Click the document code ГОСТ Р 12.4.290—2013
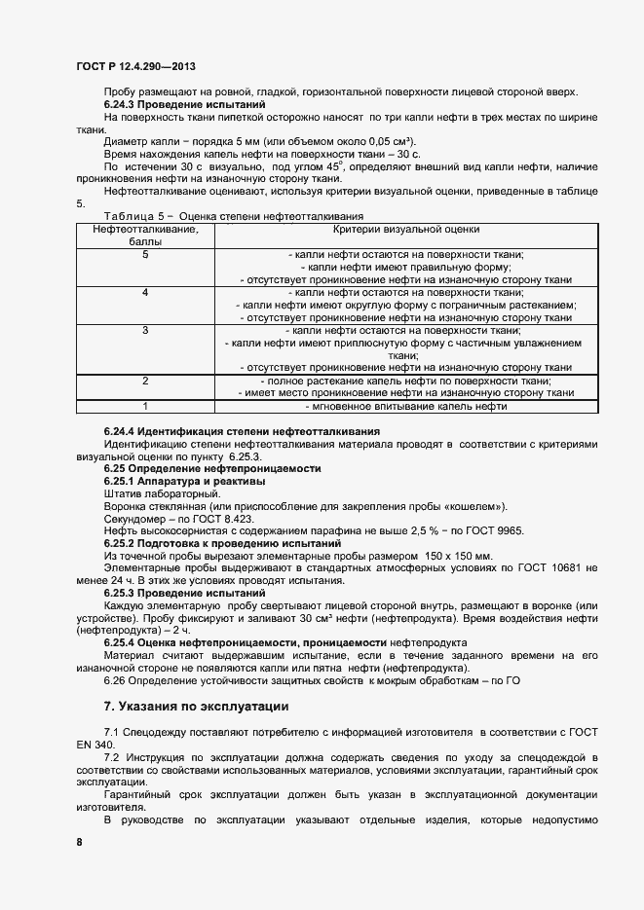(136, 66)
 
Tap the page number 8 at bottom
(79, 841)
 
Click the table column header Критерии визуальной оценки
(406, 230)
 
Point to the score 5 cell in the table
(145, 255)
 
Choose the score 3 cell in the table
(145, 331)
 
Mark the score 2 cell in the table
(145, 382)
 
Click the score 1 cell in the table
(145, 406)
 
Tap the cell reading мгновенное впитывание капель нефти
(406, 406)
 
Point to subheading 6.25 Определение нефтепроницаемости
(212, 468)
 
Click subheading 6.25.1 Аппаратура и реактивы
(184, 481)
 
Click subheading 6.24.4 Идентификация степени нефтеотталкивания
(242, 430)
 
